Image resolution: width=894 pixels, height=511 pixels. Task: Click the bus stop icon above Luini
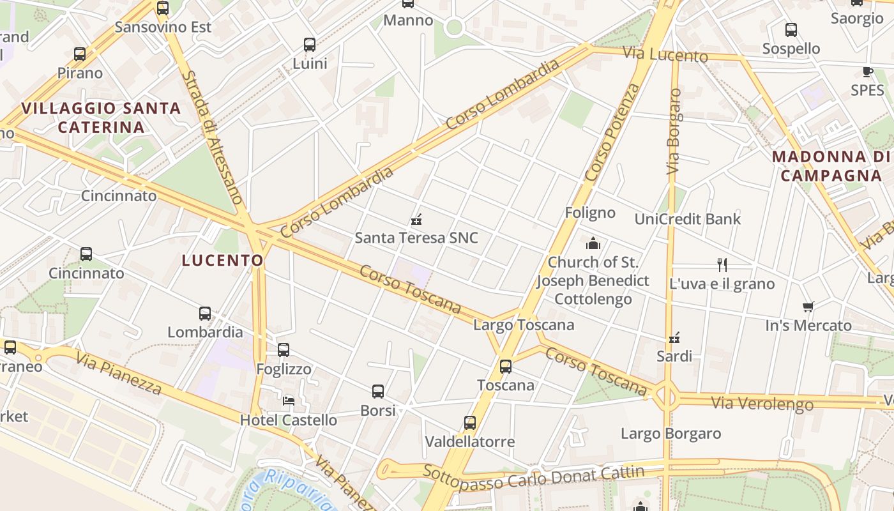pyautogui.click(x=310, y=45)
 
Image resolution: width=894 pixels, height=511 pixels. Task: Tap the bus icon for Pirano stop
pyautogui.click(x=80, y=54)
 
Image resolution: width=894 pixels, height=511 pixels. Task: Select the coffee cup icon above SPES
pyautogui.click(x=867, y=72)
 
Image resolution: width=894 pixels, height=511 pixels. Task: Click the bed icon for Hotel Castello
pyautogui.click(x=289, y=401)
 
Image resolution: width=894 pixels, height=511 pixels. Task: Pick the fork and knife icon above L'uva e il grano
pyautogui.click(x=722, y=264)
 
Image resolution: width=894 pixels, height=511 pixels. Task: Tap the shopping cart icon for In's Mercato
pyautogui.click(x=808, y=307)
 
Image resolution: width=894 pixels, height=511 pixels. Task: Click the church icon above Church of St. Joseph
pyautogui.click(x=593, y=243)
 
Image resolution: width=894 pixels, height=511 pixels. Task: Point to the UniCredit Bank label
pyautogui.click(x=688, y=219)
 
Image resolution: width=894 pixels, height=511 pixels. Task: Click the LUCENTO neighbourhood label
pyautogui.click(x=222, y=260)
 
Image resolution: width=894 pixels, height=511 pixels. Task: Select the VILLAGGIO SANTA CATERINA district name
pyautogui.click(x=101, y=118)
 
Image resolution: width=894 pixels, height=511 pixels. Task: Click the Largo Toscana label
pyautogui.click(x=524, y=324)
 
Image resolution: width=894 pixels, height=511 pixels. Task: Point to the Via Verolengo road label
pyautogui.click(x=762, y=404)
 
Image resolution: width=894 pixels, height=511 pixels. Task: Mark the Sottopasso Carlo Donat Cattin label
pyautogui.click(x=533, y=475)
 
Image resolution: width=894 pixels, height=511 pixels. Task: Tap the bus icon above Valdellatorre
pyautogui.click(x=470, y=423)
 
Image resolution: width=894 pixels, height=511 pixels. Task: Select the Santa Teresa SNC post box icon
pyautogui.click(x=417, y=220)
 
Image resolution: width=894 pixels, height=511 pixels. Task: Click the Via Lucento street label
pyautogui.click(x=665, y=54)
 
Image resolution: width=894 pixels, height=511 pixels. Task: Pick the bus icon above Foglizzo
pyautogui.click(x=284, y=350)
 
